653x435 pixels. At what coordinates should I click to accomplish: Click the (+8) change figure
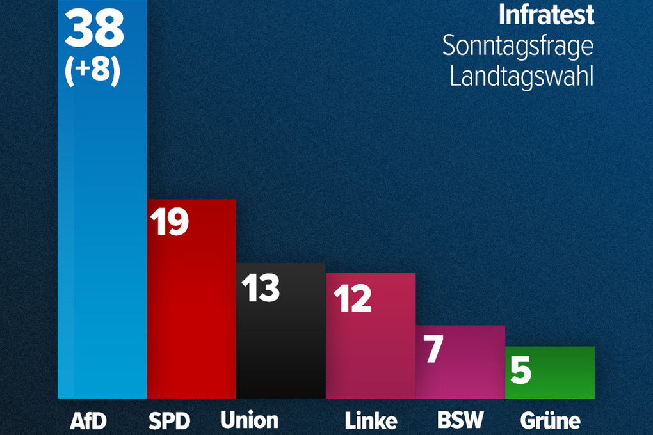93,72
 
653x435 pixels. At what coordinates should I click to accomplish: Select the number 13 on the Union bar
260,287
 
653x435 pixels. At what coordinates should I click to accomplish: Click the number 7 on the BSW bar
433,349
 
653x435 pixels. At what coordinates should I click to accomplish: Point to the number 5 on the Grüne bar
521,370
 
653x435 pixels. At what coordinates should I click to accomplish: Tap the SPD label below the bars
170,420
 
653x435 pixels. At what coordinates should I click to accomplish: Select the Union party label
249,420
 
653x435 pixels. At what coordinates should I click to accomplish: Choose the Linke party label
371,420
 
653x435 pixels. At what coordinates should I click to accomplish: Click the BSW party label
460,420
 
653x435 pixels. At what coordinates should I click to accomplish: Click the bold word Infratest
546,15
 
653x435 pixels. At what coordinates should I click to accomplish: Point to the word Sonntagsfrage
517,46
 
